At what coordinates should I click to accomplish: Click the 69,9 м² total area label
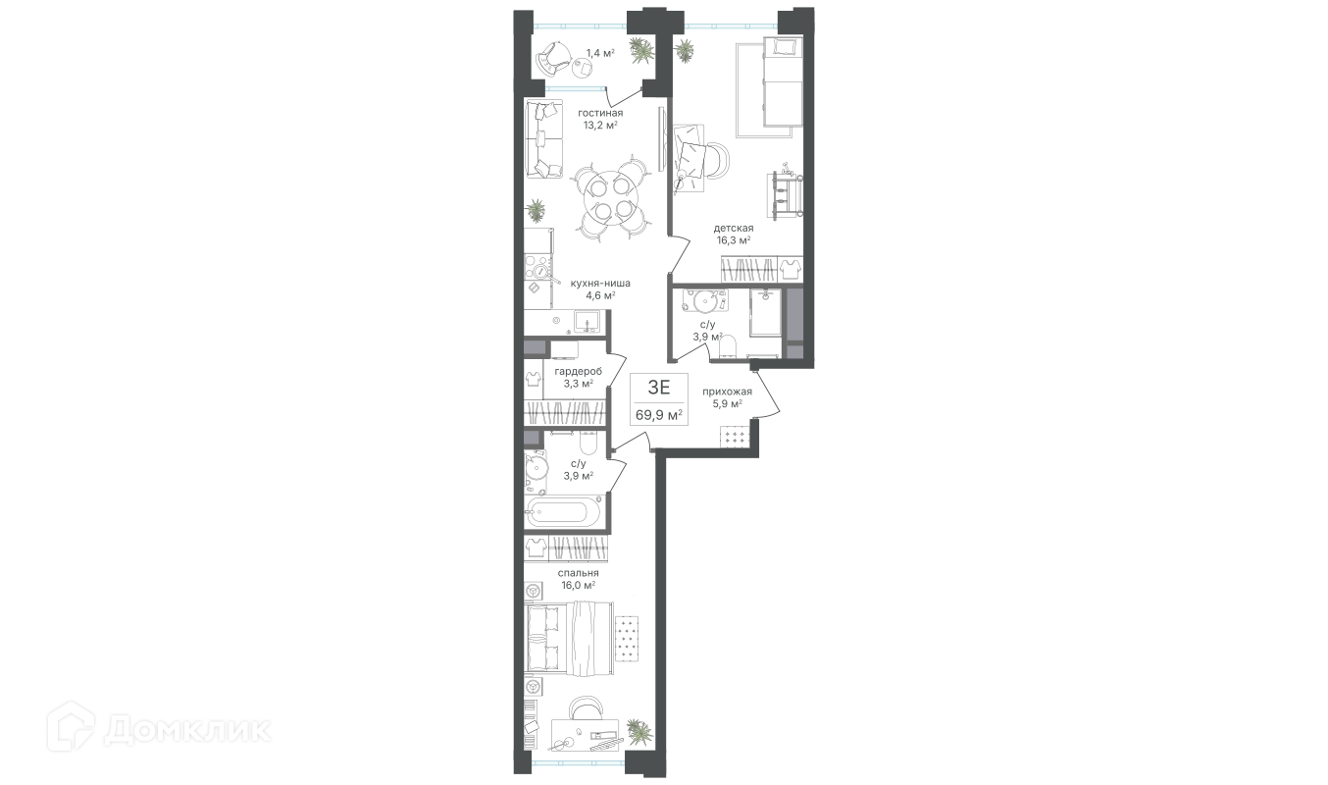pos(659,415)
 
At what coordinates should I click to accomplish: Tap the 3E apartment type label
pos(659,388)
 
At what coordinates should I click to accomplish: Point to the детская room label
pos(734,228)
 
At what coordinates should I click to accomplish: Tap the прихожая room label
pos(727,392)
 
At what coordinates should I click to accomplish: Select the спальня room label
pos(578,573)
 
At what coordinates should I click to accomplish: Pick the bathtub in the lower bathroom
pos(563,511)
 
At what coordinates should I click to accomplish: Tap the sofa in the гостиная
pos(129,139)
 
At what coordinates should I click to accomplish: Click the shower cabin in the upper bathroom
pos(766,313)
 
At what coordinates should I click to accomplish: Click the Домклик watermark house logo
pos(71,726)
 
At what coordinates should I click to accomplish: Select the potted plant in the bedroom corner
pos(639,731)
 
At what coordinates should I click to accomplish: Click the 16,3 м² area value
pos(734,240)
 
